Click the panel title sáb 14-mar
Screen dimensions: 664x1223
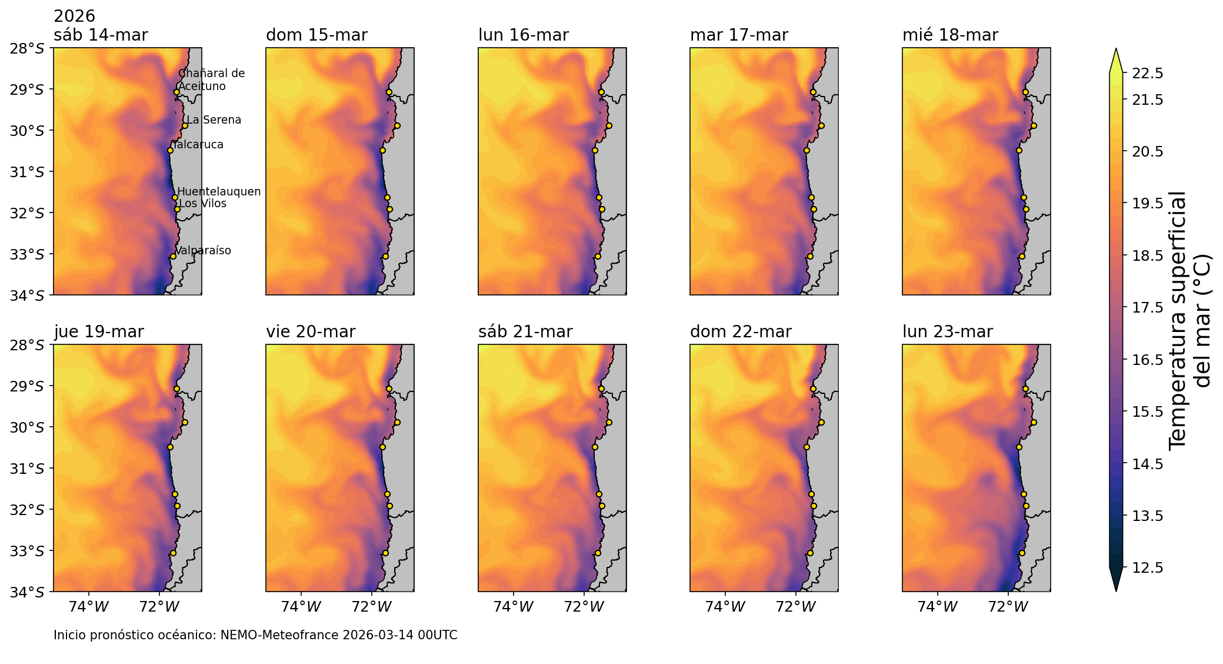click(101, 35)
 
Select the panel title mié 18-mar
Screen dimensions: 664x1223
click(950, 35)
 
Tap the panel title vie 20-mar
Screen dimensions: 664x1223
click(311, 332)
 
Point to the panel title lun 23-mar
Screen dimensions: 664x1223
click(947, 332)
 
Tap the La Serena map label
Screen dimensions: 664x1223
click(214, 120)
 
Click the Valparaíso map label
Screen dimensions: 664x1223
click(203, 251)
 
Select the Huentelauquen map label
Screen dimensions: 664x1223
click(219, 192)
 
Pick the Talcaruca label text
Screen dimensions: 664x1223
click(198, 145)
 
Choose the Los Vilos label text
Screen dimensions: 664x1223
click(202, 204)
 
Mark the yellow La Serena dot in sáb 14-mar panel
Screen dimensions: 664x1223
click(185, 125)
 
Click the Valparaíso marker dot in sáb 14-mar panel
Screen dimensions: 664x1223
click(173, 256)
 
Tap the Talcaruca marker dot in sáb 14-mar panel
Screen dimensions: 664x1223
click(170, 150)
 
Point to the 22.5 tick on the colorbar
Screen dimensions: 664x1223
click(1147, 73)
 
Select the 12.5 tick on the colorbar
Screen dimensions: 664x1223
click(1147, 567)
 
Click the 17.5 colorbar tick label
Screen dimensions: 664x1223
click(1147, 307)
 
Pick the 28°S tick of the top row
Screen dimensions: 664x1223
click(27, 48)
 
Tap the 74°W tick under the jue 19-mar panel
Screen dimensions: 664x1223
click(89, 606)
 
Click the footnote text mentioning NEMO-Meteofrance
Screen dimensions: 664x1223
click(255, 635)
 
